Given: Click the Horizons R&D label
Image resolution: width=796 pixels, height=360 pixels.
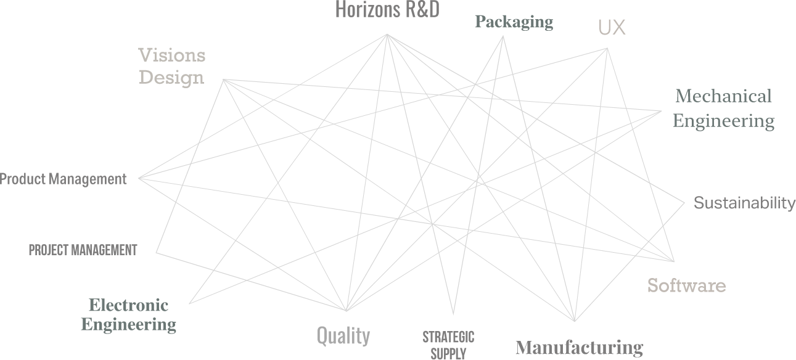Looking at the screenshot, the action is coord(387,10).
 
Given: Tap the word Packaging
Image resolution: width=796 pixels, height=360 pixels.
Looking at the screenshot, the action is coord(514,22).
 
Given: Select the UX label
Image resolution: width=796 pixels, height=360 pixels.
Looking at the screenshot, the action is coord(612,27).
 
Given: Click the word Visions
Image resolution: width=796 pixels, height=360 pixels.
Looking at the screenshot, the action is coord(171,55).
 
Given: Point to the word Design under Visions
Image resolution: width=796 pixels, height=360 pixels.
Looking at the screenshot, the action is coord(171,78).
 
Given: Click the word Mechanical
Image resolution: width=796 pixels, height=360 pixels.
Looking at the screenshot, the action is coord(723,96).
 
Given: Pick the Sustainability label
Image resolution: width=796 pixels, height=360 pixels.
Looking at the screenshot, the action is coord(744,203).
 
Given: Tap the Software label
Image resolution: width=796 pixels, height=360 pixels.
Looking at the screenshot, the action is coord(686,285).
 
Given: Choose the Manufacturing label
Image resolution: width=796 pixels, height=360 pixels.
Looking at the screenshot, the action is coord(579,348).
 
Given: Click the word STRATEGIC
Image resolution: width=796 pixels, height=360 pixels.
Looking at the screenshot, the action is coord(448,337).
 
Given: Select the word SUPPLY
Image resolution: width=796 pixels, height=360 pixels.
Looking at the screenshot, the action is coord(448,354).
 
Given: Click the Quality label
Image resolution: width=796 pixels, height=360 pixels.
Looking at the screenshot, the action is coord(343,336).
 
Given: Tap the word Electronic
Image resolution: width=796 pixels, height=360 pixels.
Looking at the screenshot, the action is coord(128,305).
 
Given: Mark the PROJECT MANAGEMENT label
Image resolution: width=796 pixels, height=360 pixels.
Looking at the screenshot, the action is coord(83,250).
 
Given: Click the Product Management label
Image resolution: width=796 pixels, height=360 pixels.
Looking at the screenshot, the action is coord(63,179).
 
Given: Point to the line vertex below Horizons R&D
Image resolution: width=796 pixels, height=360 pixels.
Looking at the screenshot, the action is coord(387,35).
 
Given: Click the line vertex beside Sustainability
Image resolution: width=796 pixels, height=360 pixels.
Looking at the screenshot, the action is coord(684,203).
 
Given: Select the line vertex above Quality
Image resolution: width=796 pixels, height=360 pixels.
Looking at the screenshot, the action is coord(346,311).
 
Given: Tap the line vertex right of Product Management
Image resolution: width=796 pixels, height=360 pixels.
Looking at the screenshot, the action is coord(139,178).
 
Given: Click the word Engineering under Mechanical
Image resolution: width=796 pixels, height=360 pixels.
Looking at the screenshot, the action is coord(723,121).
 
